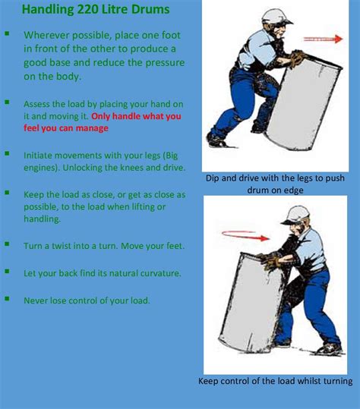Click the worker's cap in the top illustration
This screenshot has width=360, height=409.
pos(275,16)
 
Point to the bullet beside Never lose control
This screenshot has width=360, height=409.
pos(8,299)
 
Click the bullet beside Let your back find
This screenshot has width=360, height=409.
pos(8,272)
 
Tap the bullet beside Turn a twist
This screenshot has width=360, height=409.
pos(8,244)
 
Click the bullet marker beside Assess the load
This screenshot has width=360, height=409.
pos(8,101)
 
